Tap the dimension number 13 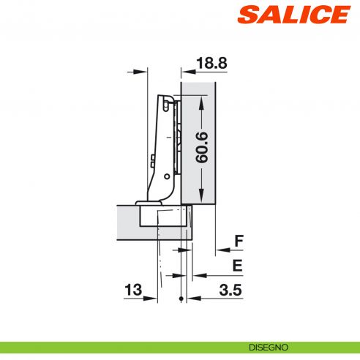tap(132, 290)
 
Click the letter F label tap(239, 241)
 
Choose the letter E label tap(239, 266)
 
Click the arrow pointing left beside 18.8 tap(185, 72)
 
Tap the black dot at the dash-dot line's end tap(180, 299)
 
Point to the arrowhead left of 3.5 tap(192, 299)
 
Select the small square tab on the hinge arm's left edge tap(151, 159)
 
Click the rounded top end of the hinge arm tap(168, 98)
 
